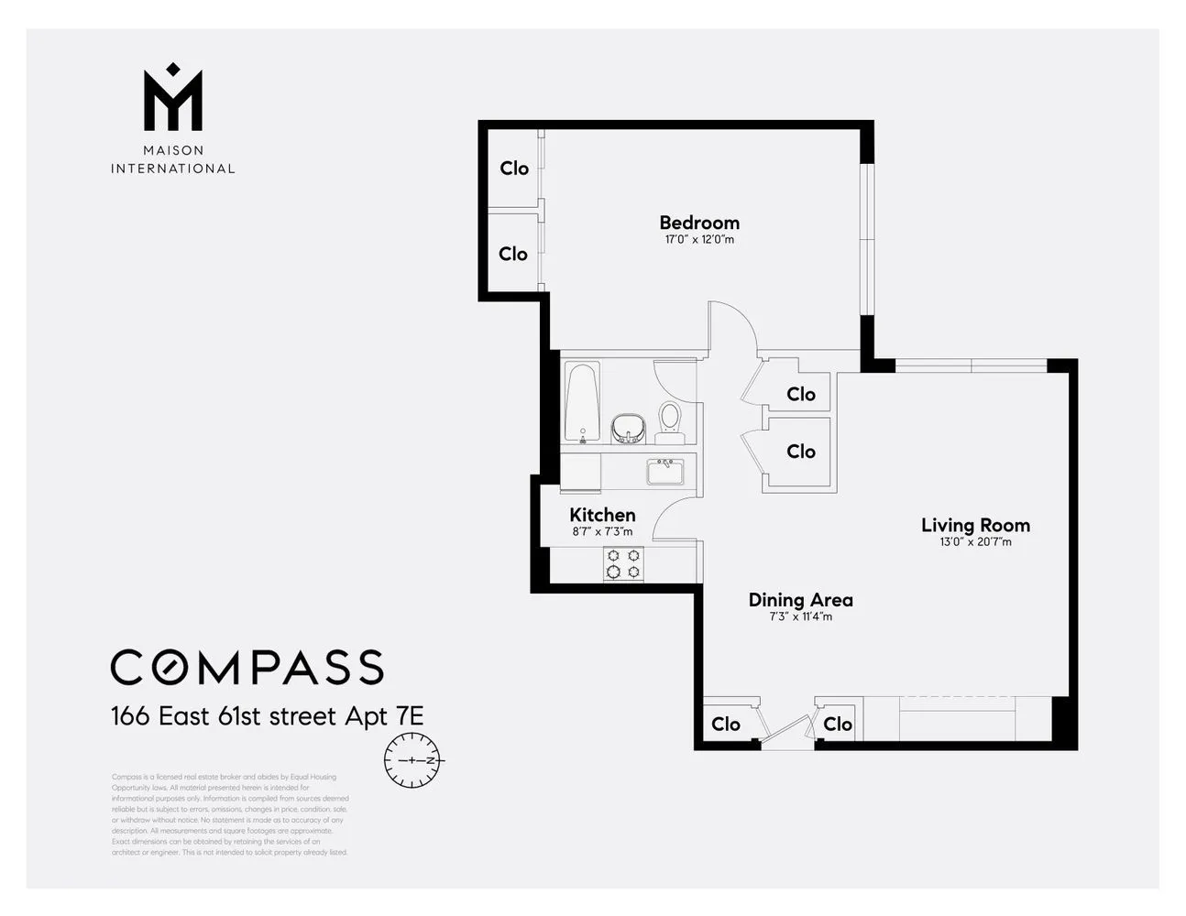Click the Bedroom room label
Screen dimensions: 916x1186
coord(699,223)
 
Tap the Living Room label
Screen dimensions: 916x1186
coord(975,525)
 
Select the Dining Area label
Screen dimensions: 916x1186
coord(800,600)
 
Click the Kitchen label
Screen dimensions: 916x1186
coord(602,515)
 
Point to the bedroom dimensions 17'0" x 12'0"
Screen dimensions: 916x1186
coord(699,240)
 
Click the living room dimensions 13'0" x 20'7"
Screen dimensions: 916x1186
coord(975,541)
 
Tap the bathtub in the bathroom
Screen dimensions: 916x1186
coord(582,401)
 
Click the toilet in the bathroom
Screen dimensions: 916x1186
coord(670,417)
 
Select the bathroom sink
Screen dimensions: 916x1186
coord(628,427)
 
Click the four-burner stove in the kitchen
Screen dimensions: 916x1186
coord(622,563)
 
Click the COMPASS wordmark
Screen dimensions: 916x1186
coord(247,668)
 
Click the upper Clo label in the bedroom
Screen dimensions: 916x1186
coord(514,169)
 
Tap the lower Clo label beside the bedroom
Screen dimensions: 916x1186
coord(513,254)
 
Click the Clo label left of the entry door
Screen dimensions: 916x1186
coord(725,725)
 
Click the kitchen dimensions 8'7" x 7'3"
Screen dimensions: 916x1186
coord(602,531)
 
